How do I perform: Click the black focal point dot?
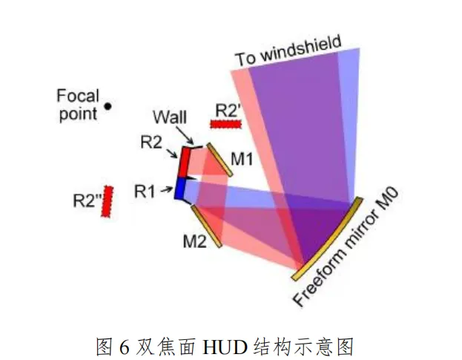click(x=108, y=106)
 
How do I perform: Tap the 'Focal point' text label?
click(x=78, y=104)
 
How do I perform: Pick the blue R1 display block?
click(x=179, y=189)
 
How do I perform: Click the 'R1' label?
click(x=147, y=192)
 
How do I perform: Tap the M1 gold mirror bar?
click(x=219, y=160)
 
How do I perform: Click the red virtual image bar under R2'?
click(x=227, y=124)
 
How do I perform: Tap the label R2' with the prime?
click(x=228, y=110)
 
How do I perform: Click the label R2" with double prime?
click(x=88, y=200)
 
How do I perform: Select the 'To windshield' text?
click(x=288, y=50)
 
